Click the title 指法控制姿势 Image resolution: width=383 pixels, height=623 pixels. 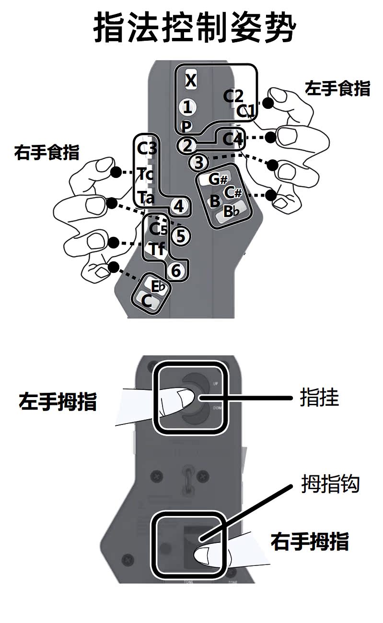tap(194, 28)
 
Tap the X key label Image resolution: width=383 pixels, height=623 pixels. tap(191, 80)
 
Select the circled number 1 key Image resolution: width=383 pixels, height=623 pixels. tap(188, 107)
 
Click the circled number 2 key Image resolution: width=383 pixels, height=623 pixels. tap(186, 145)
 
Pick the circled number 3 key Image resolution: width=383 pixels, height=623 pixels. tap(199, 162)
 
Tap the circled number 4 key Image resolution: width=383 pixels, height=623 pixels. tap(178, 207)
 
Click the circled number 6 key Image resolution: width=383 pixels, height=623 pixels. tap(176, 271)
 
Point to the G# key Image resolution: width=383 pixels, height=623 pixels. tap(217, 179)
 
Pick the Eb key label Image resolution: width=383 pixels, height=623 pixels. tap(159, 286)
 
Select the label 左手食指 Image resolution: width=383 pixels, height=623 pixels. tap(337, 88)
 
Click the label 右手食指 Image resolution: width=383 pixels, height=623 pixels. tap(47, 152)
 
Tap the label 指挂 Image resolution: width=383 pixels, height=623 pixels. tap(319, 398)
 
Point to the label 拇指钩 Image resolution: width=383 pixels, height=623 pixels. tap(330, 484)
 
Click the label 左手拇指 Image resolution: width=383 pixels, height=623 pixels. tap(58, 401)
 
